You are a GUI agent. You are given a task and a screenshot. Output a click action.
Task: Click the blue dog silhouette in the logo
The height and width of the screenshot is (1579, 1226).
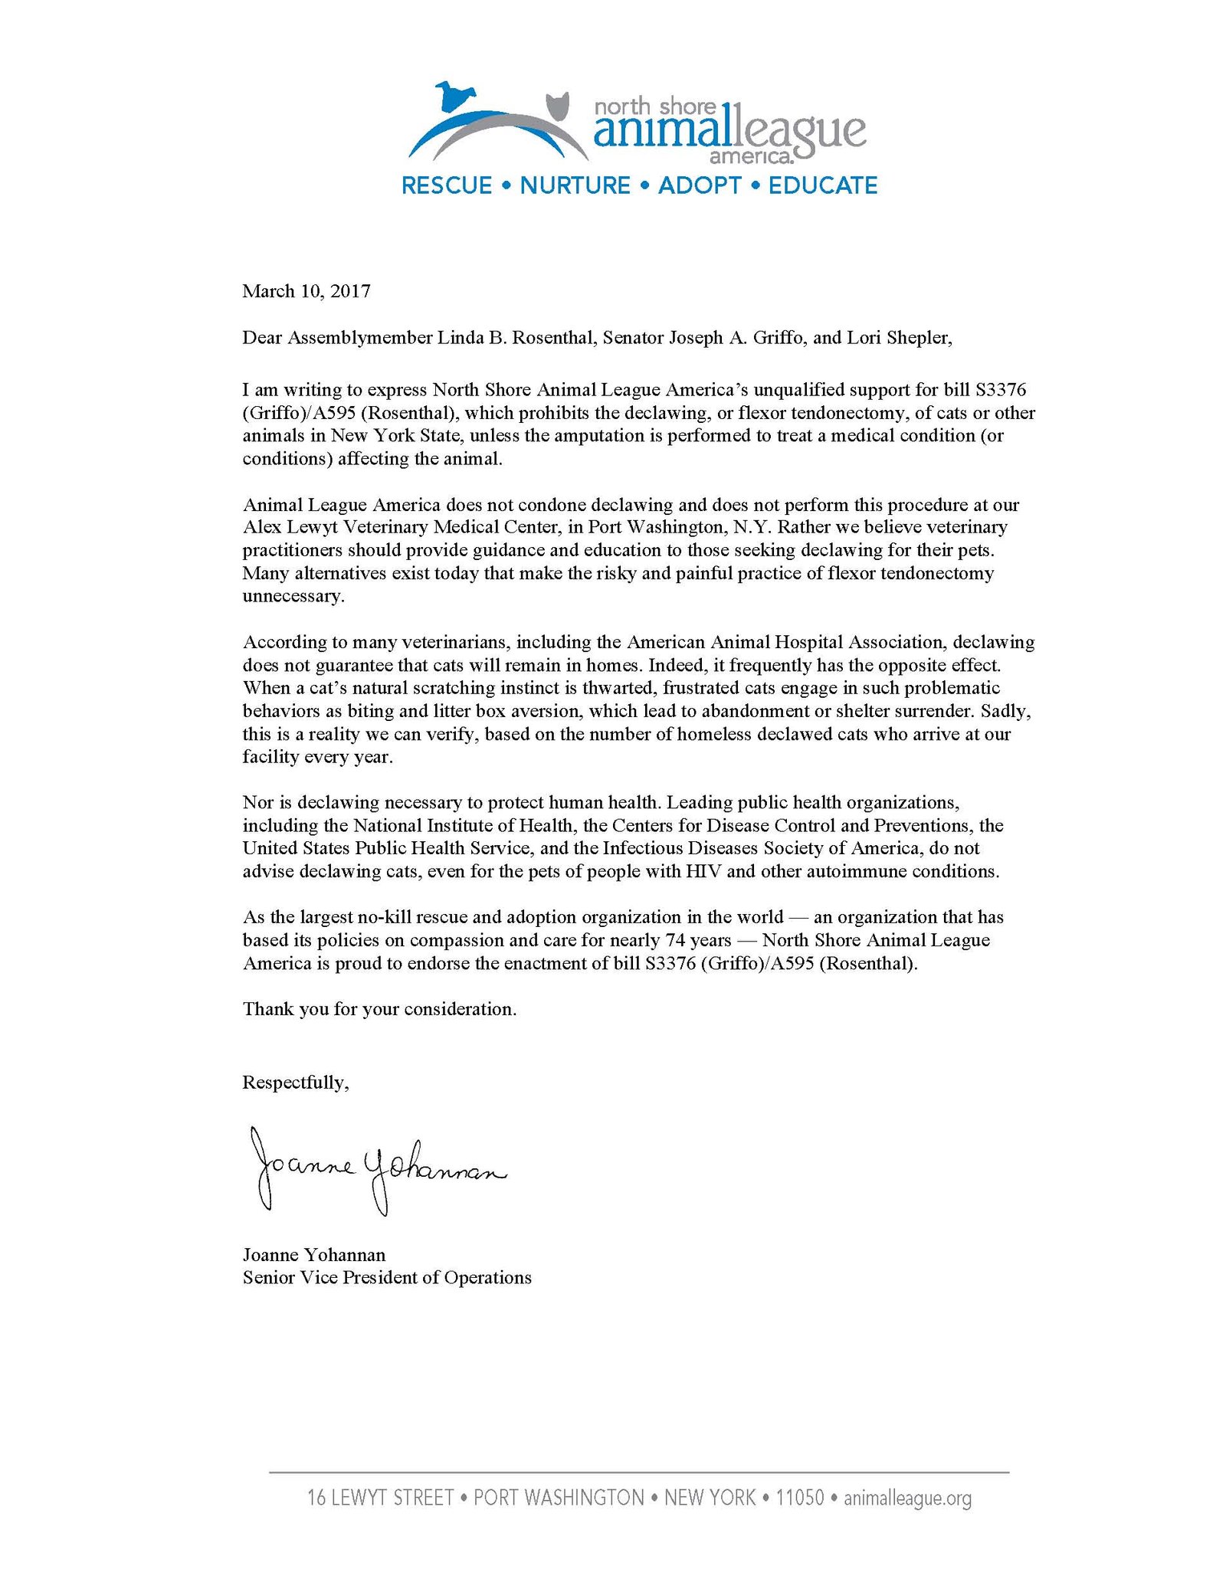point(456,96)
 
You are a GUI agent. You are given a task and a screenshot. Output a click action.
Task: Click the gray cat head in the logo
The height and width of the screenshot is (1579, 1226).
point(559,105)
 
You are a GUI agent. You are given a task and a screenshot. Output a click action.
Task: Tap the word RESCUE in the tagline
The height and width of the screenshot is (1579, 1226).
point(447,185)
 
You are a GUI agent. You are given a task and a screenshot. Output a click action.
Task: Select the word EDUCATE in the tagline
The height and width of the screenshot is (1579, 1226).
point(823,185)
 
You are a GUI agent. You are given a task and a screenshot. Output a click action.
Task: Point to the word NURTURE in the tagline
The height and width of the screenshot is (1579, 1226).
point(575,185)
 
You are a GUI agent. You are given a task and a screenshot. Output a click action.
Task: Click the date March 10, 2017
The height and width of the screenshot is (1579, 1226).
point(306,291)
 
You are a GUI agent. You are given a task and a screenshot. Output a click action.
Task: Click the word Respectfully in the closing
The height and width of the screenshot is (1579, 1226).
point(295,1082)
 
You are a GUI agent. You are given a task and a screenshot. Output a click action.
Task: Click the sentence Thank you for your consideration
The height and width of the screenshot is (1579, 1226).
point(380,1009)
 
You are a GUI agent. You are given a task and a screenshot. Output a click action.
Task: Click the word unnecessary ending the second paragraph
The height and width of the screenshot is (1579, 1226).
point(293,596)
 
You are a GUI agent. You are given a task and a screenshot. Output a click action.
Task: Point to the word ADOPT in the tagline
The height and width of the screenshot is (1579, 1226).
point(700,185)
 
